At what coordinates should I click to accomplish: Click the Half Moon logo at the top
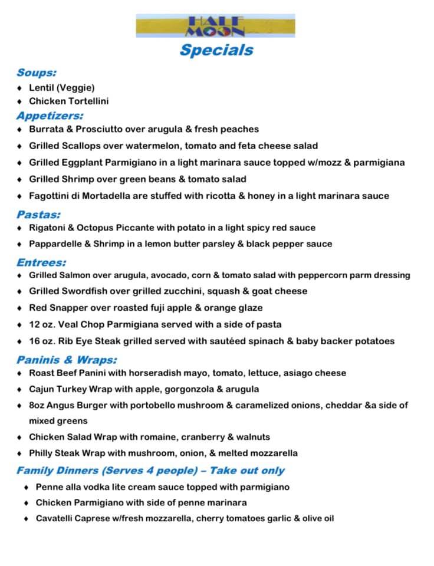[x=215, y=25]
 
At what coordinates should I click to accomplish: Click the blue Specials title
[x=216, y=50]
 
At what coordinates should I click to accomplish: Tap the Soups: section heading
[x=37, y=73]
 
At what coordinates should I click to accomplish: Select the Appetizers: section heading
[x=50, y=116]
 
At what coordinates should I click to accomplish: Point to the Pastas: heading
[x=38, y=215]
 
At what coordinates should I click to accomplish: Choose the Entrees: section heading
[x=41, y=262]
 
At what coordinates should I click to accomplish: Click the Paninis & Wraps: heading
[x=67, y=360]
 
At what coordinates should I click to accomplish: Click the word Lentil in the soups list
[x=40, y=88]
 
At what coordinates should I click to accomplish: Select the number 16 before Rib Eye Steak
[x=34, y=341]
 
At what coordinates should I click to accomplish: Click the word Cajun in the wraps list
[x=42, y=389]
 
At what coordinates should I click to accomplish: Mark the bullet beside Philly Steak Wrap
[x=20, y=453]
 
